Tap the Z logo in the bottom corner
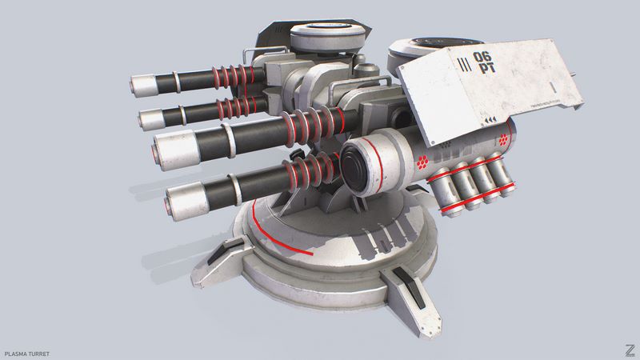pos(630,350)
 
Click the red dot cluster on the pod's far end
pos(504,141)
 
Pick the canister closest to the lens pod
pos(442,186)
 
